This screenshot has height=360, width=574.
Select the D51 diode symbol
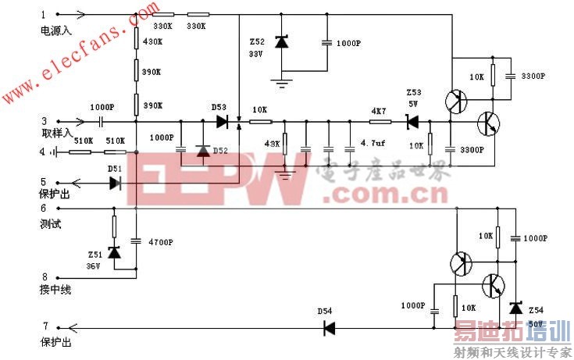(x=116, y=183)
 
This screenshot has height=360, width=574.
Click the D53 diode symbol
(x=223, y=122)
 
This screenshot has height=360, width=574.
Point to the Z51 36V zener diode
(x=114, y=252)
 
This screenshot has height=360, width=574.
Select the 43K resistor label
(x=272, y=144)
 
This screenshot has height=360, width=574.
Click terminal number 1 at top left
(x=43, y=14)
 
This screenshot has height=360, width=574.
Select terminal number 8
(x=44, y=276)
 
